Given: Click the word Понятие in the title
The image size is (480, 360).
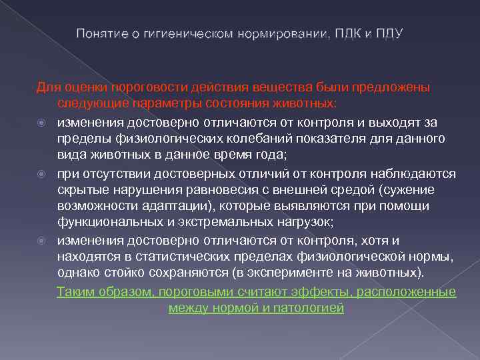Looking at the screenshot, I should (x=98, y=33).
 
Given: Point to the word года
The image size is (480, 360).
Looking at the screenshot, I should (x=264, y=154).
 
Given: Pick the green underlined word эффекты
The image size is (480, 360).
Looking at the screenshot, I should (x=324, y=291).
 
